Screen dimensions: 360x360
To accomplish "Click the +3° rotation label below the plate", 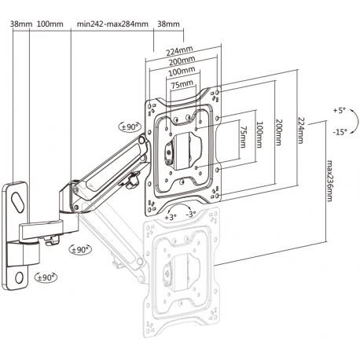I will [x=171, y=215].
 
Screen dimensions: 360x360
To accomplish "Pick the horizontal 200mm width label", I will [x=182, y=62].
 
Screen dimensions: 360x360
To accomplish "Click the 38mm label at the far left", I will [x=20, y=24].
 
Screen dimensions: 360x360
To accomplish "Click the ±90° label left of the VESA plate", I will [x=129, y=126].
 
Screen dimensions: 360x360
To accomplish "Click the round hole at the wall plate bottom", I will [x=18, y=276].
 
